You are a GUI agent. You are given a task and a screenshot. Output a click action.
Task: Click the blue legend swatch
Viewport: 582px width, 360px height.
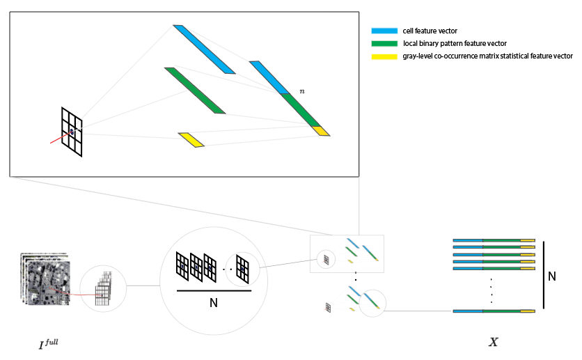(384, 31)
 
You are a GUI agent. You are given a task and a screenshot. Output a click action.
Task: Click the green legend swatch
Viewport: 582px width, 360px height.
(384, 43)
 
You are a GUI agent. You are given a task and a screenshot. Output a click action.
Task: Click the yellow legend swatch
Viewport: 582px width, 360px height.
(384, 56)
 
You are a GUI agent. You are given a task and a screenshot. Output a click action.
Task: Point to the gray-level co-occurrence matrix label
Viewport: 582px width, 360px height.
(487, 56)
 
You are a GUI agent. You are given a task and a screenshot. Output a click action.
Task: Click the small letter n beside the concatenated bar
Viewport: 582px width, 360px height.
(301, 91)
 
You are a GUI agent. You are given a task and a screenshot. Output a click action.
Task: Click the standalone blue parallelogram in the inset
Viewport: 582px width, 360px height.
(205, 49)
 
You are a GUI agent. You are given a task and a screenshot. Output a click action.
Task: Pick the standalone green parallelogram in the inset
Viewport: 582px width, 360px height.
(195, 91)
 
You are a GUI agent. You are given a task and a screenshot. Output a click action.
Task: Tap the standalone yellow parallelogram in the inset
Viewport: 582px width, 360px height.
(191, 140)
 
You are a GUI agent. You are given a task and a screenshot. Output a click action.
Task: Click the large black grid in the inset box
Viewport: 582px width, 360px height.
(72, 132)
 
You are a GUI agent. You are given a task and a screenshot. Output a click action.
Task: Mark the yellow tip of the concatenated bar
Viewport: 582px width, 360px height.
(320, 130)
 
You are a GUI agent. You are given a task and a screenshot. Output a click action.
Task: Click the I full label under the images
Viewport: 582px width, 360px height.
(48, 344)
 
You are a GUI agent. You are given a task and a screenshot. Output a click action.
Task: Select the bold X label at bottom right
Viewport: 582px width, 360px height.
(493, 342)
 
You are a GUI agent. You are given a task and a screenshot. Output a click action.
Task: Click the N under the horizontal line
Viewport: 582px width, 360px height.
(214, 303)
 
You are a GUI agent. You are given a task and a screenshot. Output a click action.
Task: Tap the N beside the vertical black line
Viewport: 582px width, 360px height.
(551, 276)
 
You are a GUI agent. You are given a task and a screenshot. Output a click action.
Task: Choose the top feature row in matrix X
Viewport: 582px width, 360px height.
(494, 240)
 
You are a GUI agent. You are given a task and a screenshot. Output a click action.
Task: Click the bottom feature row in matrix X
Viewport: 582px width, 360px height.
(494, 311)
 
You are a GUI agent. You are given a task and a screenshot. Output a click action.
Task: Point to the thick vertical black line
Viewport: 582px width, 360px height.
(543, 276)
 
